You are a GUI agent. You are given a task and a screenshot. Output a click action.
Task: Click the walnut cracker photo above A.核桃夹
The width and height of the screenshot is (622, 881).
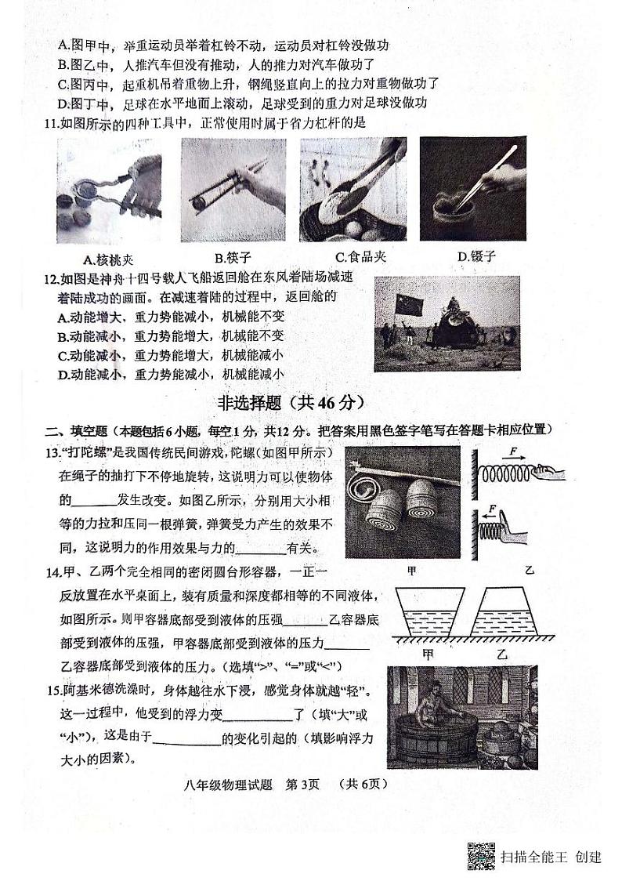click(110, 190)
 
